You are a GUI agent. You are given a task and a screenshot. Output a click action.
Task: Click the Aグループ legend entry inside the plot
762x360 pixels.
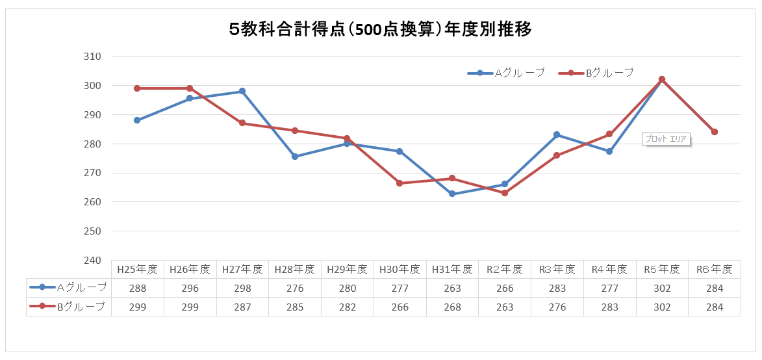coord(506,73)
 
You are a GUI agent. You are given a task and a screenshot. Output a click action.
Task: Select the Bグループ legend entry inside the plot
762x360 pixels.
coord(596,73)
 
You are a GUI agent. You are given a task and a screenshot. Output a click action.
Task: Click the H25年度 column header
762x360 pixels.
coord(137,269)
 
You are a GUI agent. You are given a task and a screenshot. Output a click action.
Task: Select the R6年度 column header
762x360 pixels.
coord(714,269)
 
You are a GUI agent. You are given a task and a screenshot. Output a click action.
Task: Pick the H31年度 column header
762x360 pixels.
coord(452,269)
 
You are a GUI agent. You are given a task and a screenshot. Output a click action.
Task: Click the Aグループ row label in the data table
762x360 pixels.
coord(69,287)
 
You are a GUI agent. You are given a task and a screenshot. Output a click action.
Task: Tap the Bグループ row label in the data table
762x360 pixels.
coord(69,306)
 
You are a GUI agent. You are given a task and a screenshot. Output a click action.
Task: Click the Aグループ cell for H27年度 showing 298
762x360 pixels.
coord(242,288)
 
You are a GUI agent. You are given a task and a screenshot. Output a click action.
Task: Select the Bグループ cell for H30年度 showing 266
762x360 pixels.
coord(400,307)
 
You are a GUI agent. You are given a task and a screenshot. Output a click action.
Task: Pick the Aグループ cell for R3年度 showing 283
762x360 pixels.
coord(557,288)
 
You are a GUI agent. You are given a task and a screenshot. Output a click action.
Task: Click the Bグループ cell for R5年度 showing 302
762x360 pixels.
coord(662,307)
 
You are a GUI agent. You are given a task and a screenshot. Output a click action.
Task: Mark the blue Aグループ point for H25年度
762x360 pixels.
coord(137,120)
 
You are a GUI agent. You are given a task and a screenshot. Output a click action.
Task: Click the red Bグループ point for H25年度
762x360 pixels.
coord(137,88)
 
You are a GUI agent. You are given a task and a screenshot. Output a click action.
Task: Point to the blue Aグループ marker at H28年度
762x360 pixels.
coord(295,157)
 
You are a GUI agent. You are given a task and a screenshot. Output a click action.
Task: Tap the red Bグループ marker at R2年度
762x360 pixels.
coord(505,193)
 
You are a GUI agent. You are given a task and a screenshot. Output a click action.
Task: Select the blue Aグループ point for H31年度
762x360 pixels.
coord(452,194)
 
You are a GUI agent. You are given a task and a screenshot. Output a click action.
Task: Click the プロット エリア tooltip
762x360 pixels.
coord(666,139)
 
